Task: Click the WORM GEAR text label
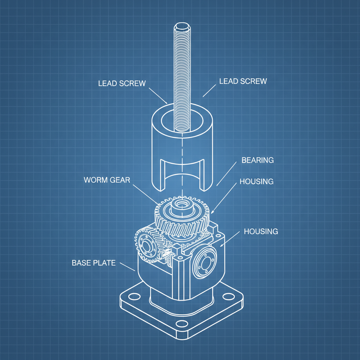pos(107,180)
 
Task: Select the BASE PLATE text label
pos(94,263)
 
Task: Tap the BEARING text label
pos(257,160)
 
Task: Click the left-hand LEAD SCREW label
pos(122,83)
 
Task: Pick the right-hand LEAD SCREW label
pos(243,81)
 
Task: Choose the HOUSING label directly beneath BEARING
pos(256,182)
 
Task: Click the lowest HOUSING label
pos(261,231)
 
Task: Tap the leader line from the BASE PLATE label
pos(127,266)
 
